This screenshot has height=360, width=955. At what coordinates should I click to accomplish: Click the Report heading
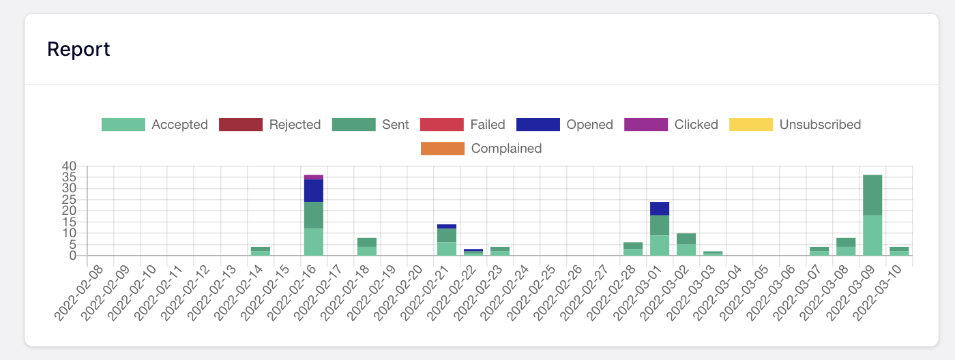pyautogui.click(x=78, y=49)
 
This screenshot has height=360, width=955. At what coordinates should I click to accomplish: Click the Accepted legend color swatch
pyautogui.click(x=123, y=124)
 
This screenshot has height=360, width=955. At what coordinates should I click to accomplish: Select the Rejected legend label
pyautogui.click(x=294, y=124)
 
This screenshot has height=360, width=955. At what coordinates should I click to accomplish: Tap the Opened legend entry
pyautogui.click(x=565, y=124)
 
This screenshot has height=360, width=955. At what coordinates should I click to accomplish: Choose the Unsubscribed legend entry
pyautogui.click(x=795, y=124)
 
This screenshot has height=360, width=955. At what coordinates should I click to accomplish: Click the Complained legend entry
pyautogui.click(x=481, y=148)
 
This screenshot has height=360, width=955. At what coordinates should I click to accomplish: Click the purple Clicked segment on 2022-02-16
pyautogui.click(x=314, y=177)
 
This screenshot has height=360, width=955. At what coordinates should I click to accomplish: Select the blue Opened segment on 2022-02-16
pyautogui.click(x=314, y=190)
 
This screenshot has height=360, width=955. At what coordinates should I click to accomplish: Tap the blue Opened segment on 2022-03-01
pyautogui.click(x=660, y=209)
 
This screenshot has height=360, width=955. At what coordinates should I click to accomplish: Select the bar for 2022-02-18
pyautogui.click(x=367, y=246)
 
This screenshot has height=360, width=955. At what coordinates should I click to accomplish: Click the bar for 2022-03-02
pyautogui.click(x=686, y=244)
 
